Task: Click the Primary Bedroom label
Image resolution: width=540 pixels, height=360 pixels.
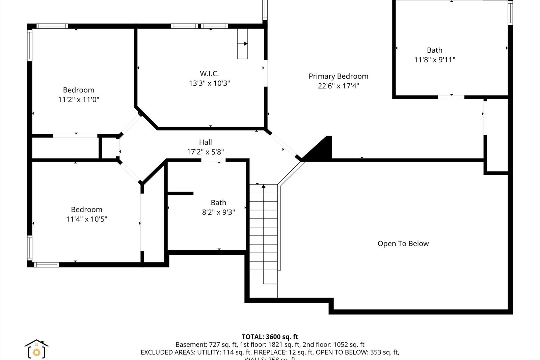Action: pos(338,76)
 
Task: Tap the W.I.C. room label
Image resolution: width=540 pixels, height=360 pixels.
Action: pos(209,74)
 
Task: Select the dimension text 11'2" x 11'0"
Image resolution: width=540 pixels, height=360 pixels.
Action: pos(79,100)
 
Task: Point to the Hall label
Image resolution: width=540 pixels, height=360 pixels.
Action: pos(205,142)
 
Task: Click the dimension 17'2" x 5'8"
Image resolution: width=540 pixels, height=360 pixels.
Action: pos(205,152)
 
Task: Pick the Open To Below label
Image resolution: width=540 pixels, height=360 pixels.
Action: pos(403,244)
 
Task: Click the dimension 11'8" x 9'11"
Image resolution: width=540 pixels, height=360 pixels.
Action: pos(434,60)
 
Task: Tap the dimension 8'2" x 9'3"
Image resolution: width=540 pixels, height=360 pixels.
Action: pos(218,212)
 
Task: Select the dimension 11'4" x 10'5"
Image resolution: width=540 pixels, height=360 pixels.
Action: pos(86,219)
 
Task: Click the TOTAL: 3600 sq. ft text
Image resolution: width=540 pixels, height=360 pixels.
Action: pos(270,337)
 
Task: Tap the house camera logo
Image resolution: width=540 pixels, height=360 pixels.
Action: pos(36,349)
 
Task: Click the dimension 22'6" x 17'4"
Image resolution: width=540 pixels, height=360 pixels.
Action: pos(338,86)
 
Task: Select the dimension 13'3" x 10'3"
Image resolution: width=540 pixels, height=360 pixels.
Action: pos(209,83)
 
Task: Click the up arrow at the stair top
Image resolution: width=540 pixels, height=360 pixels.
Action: pos(264,186)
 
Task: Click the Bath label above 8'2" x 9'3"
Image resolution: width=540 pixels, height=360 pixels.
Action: pos(218,203)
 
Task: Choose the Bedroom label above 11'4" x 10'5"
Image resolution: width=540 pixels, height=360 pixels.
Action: pos(86,210)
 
